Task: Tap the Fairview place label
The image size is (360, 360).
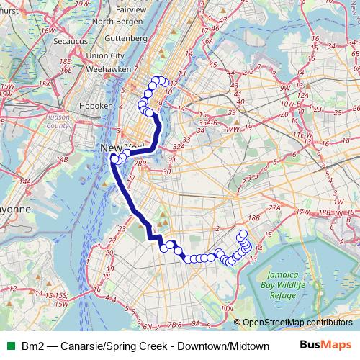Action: [130, 10]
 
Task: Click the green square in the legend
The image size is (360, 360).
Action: [9, 346]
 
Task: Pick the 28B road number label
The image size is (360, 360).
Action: [140, 163]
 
